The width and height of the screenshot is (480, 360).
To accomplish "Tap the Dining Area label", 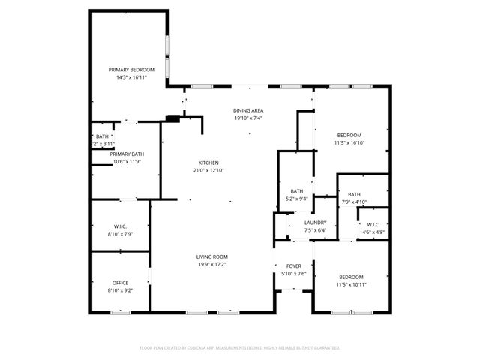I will tap(247, 110).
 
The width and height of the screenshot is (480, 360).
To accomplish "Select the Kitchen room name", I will tap(208, 163).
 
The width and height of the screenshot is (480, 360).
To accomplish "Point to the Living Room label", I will tap(212, 256).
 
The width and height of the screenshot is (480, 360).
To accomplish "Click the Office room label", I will tap(121, 283).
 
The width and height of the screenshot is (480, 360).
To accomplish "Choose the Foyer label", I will tap(294, 266).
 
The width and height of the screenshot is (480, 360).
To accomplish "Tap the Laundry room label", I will tap(315, 223).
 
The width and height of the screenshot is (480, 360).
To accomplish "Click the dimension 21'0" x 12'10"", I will tap(208, 171).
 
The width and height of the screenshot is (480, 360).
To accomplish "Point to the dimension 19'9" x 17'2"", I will tap(212, 264).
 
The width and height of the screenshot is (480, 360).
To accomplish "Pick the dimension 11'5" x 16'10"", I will tap(349, 142).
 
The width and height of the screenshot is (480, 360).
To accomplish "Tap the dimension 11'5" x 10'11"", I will tap(350, 285).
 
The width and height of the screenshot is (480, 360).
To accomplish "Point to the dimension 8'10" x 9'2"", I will tap(121, 290).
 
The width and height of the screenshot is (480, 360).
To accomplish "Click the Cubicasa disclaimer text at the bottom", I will tap(240, 348).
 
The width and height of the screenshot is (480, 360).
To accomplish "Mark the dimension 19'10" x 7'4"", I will tap(247, 118).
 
